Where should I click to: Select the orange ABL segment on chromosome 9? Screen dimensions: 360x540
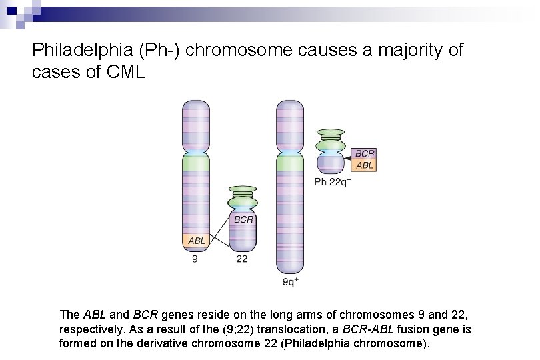pyautogui.click(x=195, y=241)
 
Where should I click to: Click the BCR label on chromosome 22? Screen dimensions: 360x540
pyautogui.click(x=243, y=218)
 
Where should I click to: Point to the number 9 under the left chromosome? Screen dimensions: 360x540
pyautogui.click(x=195, y=259)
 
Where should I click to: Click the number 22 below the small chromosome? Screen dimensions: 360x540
pyautogui.click(x=241, y=259)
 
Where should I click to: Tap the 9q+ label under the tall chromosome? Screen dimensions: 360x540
pyautogui.click(x=290, y=282)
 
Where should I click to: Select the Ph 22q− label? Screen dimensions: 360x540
pyautogui.click(x=331, y=181)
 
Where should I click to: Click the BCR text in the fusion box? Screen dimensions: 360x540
pyautogui.click(x=365, y=153)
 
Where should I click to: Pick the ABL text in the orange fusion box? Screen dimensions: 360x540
pyautogui.click(x=365, y=165)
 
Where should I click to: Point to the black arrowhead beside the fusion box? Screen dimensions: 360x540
pyautogui.click(x=349, y=159)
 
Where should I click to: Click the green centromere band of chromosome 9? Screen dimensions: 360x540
pyautogui.click(x=196, y=162)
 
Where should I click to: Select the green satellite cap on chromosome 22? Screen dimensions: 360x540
pyautogui.click(x=243, y=200)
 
